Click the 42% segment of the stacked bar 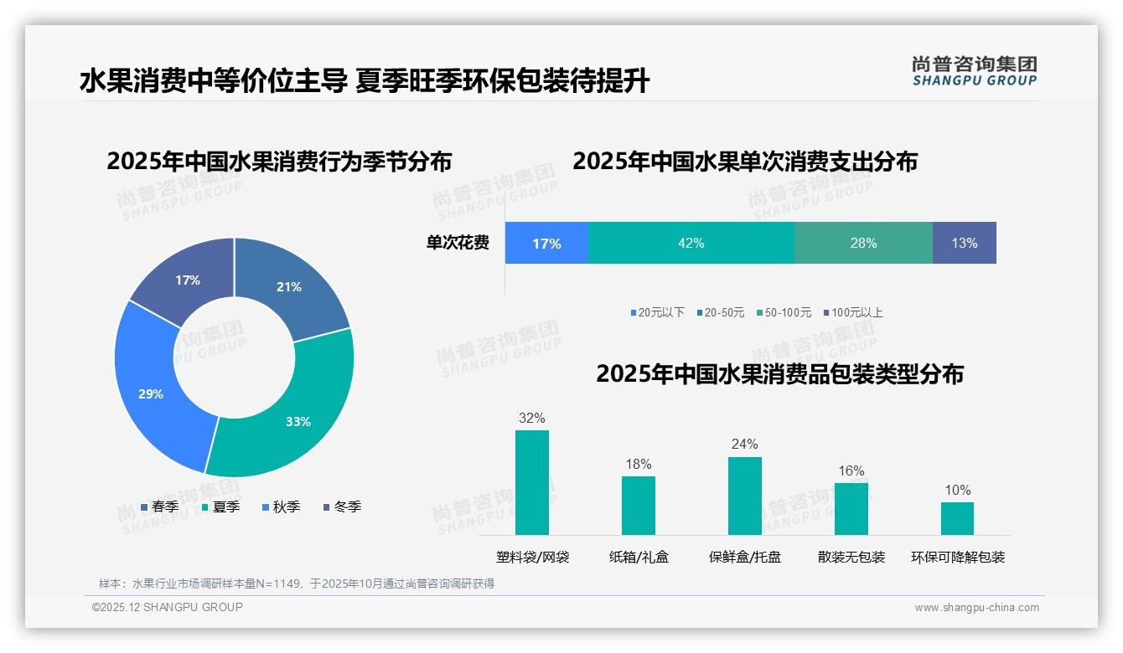click(x=691, y=243)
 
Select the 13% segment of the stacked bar click(x=964, y=243)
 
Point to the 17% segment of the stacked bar click(x=546, y=243)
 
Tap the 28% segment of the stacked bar click(x=863, y=243)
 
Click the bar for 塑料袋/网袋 click(x=531, y=482)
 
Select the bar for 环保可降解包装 click(x=957, y=518)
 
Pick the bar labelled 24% click(x=744, y=496)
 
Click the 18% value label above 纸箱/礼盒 click(x=638, y=464)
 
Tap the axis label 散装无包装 click(x=851, y=557)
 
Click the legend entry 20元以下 click(x=658, y=312)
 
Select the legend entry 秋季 click(x=281, y=506)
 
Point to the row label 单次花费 click(x=458, y=243)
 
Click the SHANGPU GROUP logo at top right click(x=974, y=70)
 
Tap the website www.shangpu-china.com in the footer click(x=976, y=607)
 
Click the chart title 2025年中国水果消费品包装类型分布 click(x=779, y=373)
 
